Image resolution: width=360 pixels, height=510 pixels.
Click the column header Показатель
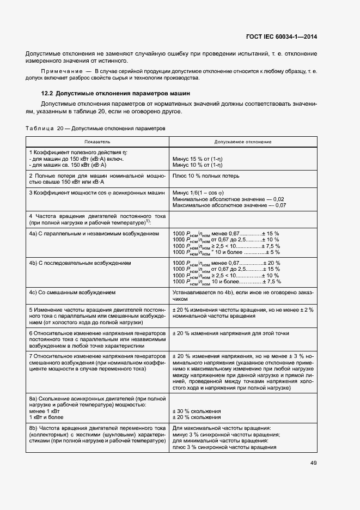(97, 142)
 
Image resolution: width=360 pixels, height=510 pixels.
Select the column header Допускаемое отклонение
(243, 142)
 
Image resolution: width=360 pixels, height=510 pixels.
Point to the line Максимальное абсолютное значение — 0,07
(229, 205)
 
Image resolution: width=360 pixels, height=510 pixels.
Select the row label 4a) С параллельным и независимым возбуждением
(94, 233)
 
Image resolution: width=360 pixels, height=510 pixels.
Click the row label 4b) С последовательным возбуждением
(80, 263)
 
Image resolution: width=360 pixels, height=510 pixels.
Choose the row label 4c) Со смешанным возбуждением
(72, 292)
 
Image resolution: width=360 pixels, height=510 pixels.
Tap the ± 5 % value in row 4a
(272, 252)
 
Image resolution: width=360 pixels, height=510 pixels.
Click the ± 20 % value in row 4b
(272, 263)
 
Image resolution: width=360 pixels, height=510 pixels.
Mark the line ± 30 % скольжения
(197, 411)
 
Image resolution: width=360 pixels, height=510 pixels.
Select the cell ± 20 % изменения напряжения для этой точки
(229, 333)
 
